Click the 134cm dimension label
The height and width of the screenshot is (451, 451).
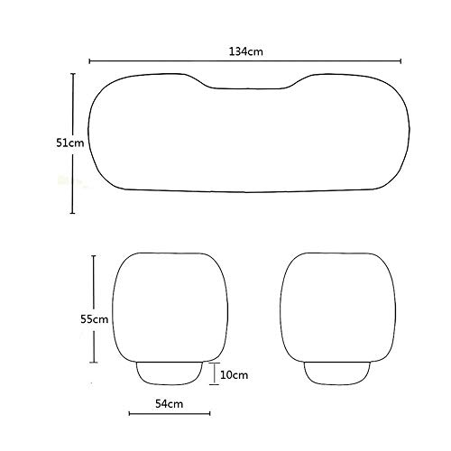(x=246, y=51)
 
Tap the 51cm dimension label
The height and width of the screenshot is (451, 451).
(x=70, y=143)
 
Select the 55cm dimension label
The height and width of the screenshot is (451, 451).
(x=94, y=319)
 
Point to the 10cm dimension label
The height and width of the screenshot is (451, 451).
(x=235, y=375)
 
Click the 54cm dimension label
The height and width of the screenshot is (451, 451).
(x=170, y=404)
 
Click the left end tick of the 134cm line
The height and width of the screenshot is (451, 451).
(x=89, y=61)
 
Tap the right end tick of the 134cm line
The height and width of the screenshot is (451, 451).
(x=400, y=61)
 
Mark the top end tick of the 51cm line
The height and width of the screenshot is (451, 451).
(x=73, y=74)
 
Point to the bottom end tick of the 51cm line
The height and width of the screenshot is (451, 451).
(x=72, y=213)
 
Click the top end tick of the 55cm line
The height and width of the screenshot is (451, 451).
(x=94, y=256)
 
